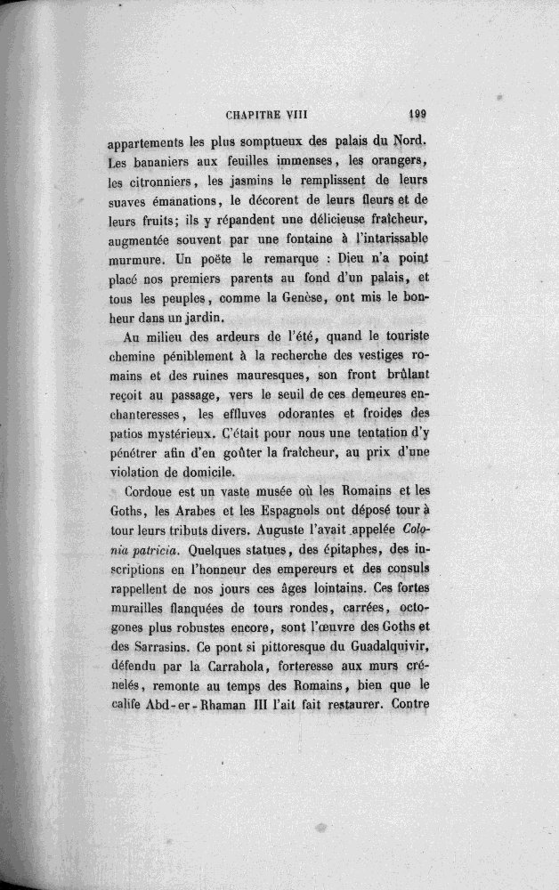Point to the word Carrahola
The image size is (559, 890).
click(x=228, y=676)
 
